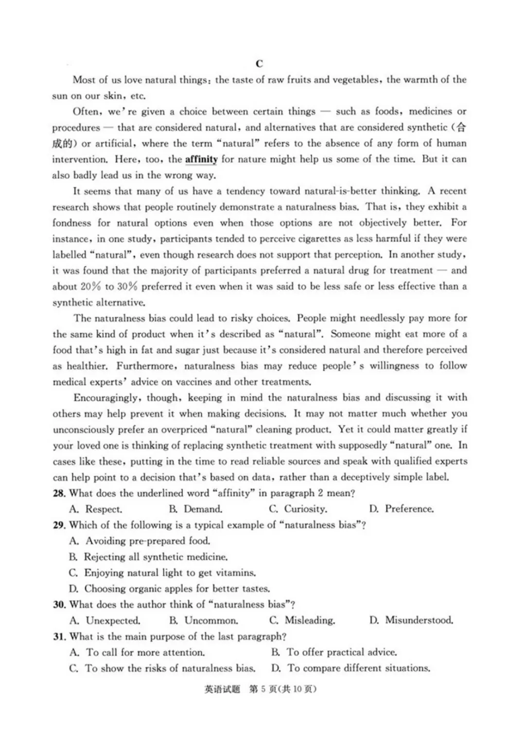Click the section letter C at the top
coord(259,64)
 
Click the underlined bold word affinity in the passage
coord(201,159)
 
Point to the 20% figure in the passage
coord(91,286)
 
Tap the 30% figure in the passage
coord(127,286)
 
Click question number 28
coord(59,493)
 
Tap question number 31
coord(59,637)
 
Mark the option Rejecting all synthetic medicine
coord(148,557)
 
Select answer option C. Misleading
coord(302,620)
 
